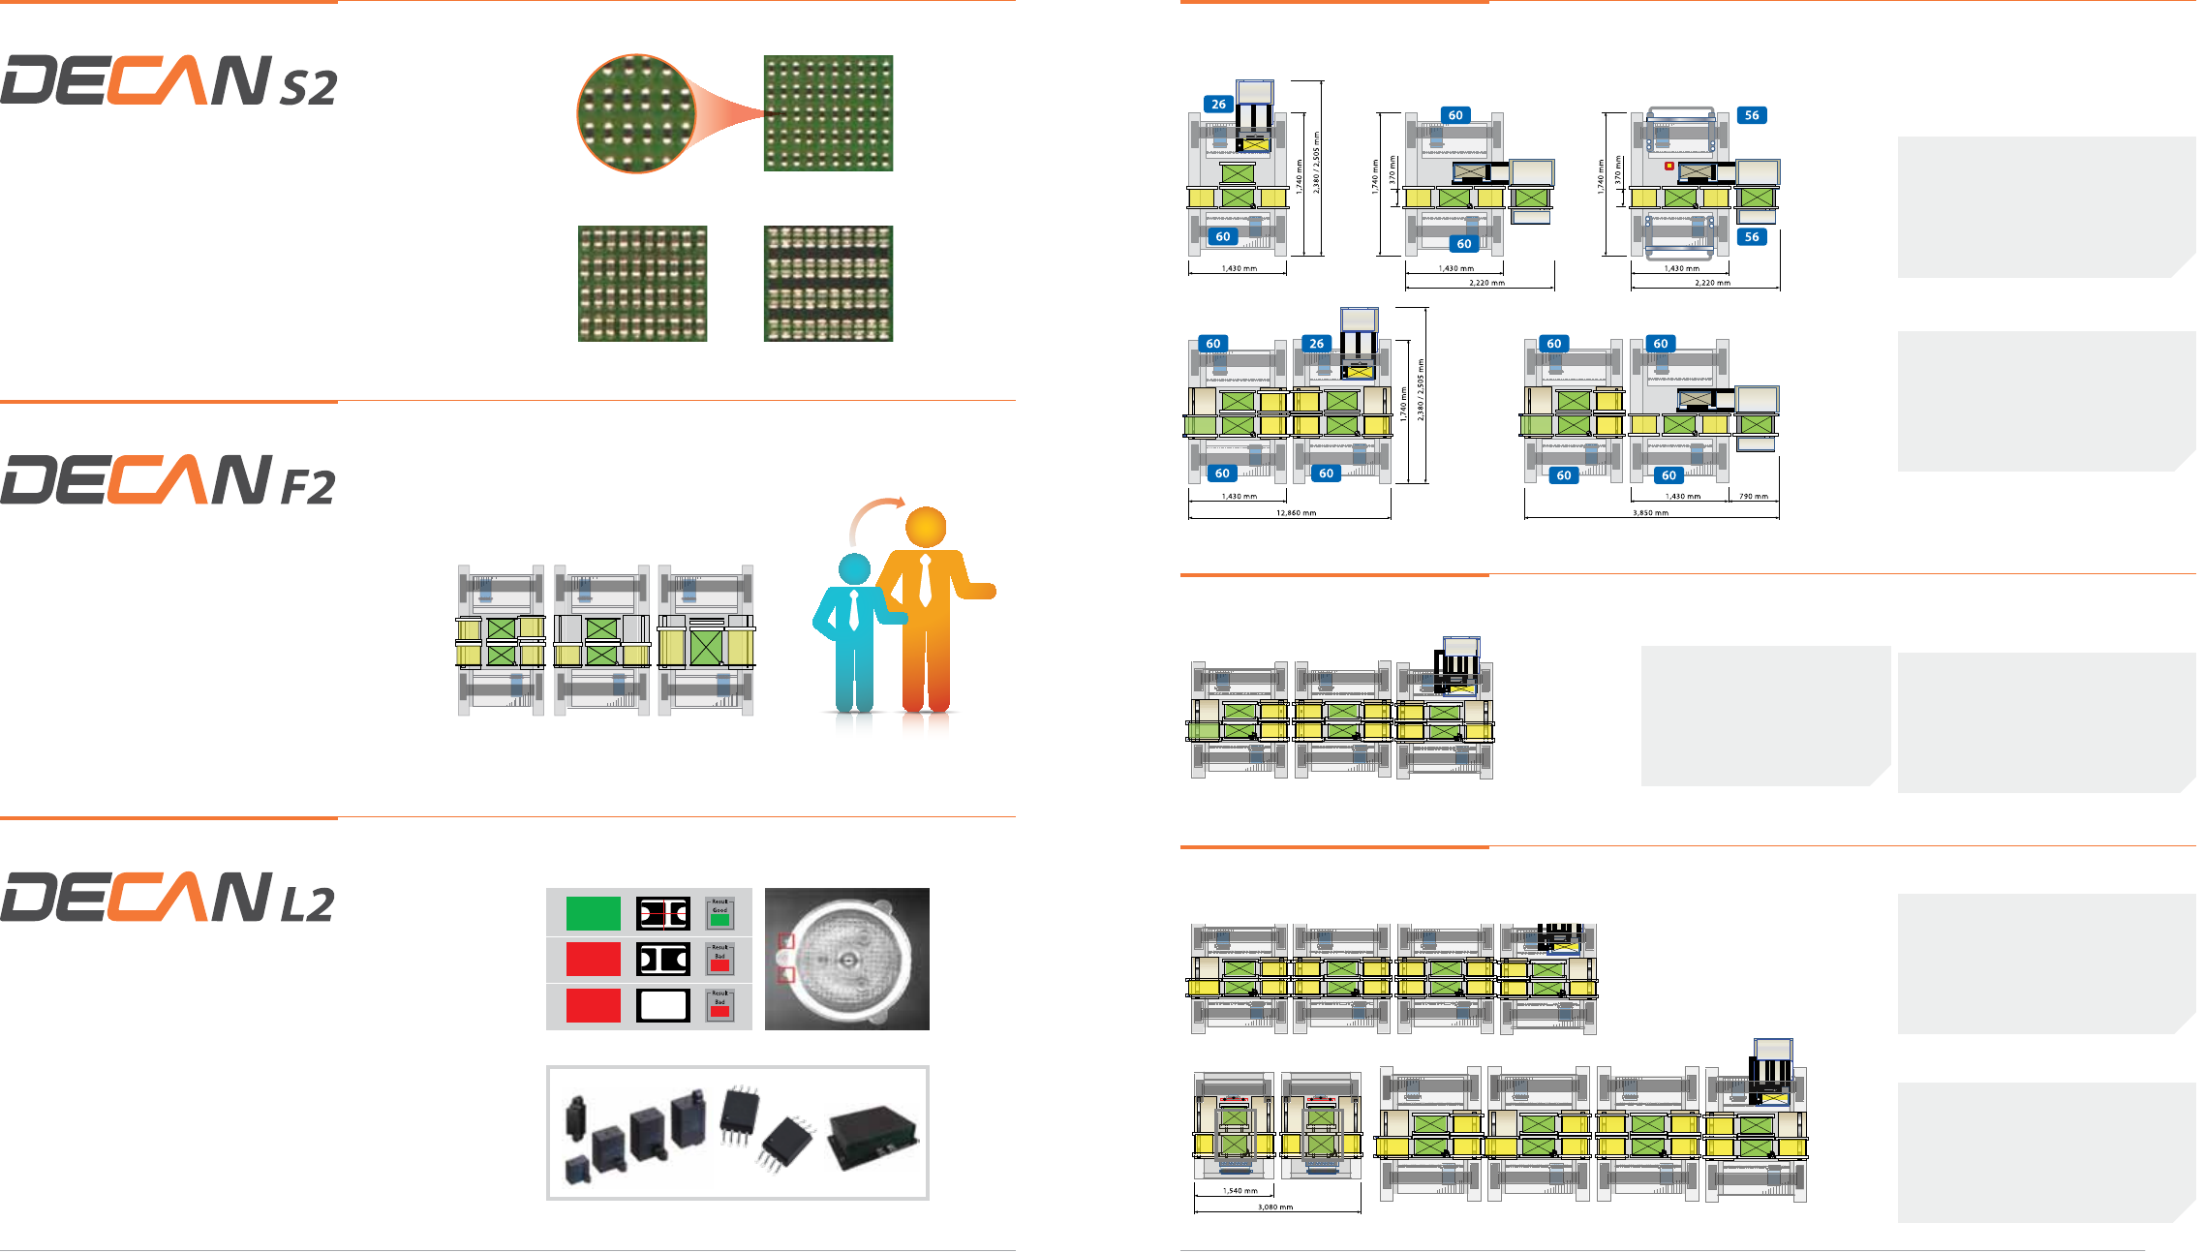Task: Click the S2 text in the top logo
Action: pyautogui.click(x=309, y=88)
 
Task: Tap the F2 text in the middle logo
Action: pyautogui.click(x=308, y=487)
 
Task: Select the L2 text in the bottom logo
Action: pyautogui.click(x=307, y=904)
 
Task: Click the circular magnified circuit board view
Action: pyautogui.click(x=636, y=113)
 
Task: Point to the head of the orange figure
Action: pyautogui.click(x=926, y=527)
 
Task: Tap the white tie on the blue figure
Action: pyautogui.click(x=854, y=610)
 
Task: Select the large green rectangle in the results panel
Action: pyautogui.click(x=593, y=913)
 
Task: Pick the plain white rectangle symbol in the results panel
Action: pyautogui.click(x=663, y=1005)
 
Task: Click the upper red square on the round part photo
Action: pyautogui.click(x=786, y=941)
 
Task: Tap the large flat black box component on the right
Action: pyautogui.click(x=872, y=1137)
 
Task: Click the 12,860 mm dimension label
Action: pyautogui.click(x=1296, y=513)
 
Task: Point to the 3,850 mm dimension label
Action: pyautogui.click(x=1650, y=513)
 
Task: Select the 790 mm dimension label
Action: pyautogui.click(x=1753, y=497)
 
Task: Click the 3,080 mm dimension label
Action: pyautogui.click(x=1275, y=1207)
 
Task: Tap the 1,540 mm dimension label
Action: pyautogui.click(x=1240, y=1191)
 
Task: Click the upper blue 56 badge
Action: pyautogui.click(x=1752, y=115)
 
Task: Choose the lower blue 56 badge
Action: pyautogui.click(x=1752, y=236)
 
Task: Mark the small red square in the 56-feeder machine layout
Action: pyautogui.click(x=1669, y=166)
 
